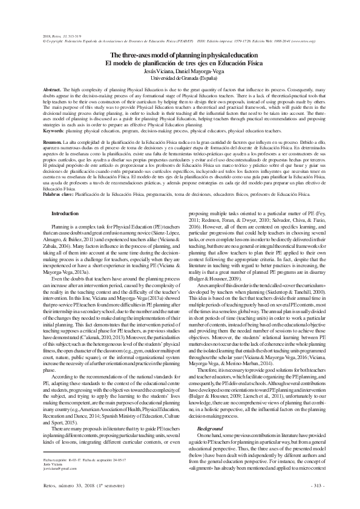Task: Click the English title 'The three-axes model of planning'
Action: (180, 55)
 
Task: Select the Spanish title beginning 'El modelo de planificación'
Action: (180, 62)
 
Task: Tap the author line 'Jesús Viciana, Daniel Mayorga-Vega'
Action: (180, 70)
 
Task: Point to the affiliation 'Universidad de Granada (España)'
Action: (180, 77)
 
